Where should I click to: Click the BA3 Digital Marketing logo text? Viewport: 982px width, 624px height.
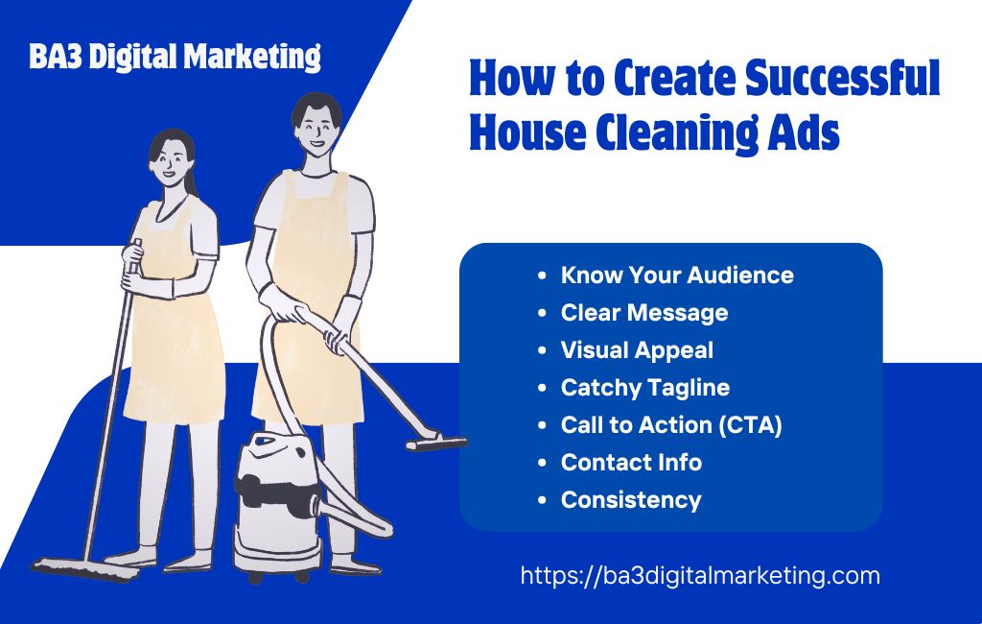pyautogui.click(x=175, y=57)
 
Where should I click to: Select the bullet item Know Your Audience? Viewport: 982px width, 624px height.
pyautogui.click(x=676, y=276)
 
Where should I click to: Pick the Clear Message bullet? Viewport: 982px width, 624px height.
pyautogui.click(x=643, y=313)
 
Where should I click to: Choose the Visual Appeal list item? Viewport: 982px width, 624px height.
pyautogui.click(x=637, y=350)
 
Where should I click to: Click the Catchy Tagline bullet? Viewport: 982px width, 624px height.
pyautogui.click(x=644, y=388)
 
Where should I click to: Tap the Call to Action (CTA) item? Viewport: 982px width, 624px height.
pyautogui.click(x=671, y=425)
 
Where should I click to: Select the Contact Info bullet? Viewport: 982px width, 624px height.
pyautogui.click(x=631, y=463)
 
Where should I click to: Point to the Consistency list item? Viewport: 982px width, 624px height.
pyautogui.click(x=630, y=500)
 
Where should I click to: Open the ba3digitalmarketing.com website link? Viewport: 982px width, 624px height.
pyautogui.click(x=700, y=576)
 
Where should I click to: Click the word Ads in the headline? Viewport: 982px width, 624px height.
pyautogui.click(x=802, y=132)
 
